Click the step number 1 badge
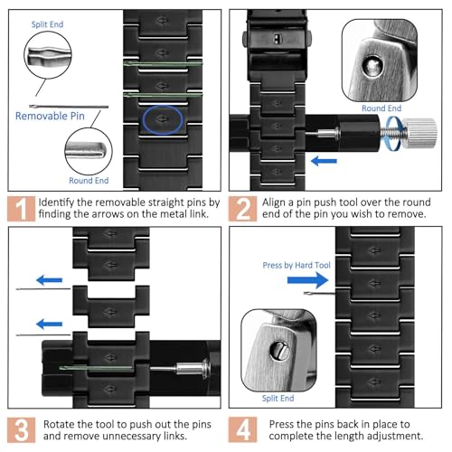(x=21, y=209)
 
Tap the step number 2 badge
(x=242, y=209)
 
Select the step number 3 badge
(x=21, y=430)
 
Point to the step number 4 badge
(x=242, y=430)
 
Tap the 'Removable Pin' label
(x=50, y=116)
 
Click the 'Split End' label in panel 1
(x=47, y=24)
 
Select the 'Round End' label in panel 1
(x=89, y=181)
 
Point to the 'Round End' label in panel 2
(x=381, y=108)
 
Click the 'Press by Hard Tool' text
(x=297, y=265)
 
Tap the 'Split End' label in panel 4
(x=278, y=398)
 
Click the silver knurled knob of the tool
(x=419, y=133)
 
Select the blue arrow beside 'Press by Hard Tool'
(x=307, y=280)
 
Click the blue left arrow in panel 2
(x=324, y=161)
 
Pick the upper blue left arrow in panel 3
(x=49, y=280)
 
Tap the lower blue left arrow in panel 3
(x=49, y=325)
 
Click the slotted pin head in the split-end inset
(x=279, y=351)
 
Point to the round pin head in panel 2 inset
(x=372, y=66)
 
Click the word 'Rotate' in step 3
(x=59, y=424)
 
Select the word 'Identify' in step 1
(x=56, y=202)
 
